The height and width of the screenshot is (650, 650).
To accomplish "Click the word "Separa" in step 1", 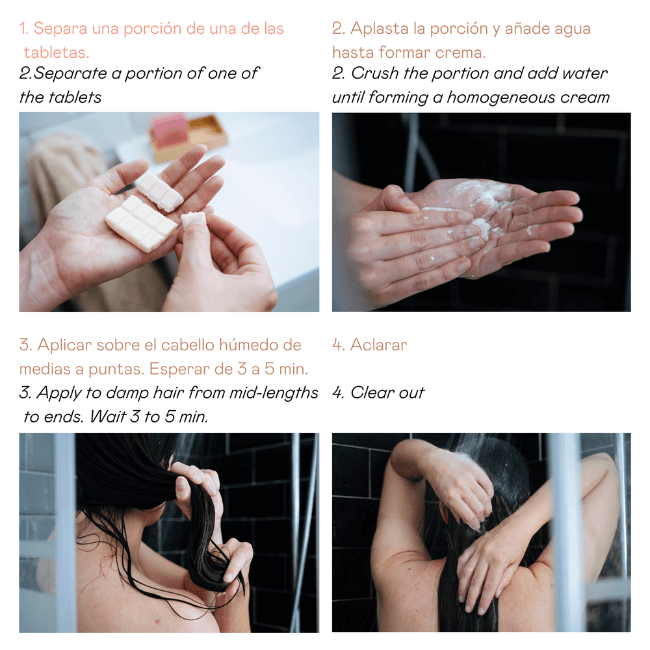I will click(x=57, y=29).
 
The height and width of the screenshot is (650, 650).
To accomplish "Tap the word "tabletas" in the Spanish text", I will click(x=56, y=52).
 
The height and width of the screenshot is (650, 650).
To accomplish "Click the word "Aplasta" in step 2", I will click(x=381, y=29).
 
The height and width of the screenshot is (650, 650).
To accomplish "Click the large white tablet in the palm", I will click(x=139, y=222).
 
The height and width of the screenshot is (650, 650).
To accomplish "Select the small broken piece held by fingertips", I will click(x=192, y=219).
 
